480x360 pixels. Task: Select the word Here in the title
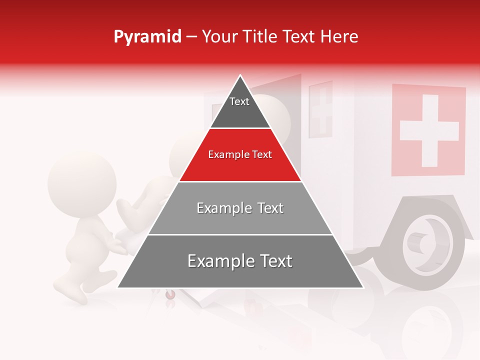coord(339,37)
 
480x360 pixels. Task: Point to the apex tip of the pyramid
coord(240,75)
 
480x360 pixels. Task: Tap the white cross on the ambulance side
coord(429,130)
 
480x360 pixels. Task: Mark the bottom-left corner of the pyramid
coord(118,287)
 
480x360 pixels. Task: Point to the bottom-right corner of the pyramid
coord(363,287)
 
